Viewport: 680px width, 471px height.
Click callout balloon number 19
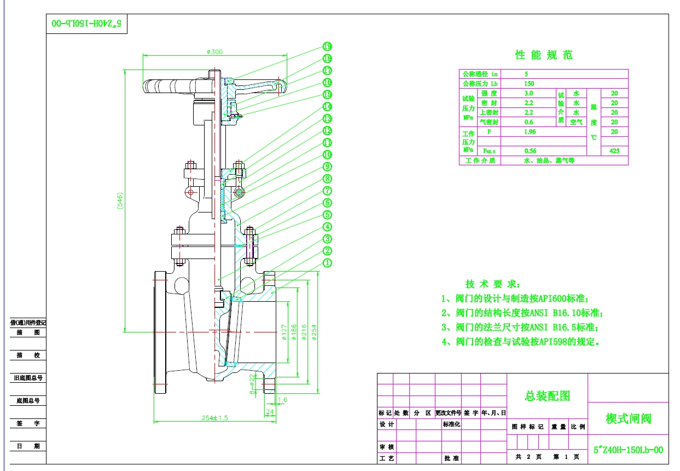click(327, 47)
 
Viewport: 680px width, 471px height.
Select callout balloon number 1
click(327, 263)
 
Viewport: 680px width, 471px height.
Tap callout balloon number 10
click(327, 154)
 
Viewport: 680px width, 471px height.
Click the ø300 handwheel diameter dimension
click(215, 51)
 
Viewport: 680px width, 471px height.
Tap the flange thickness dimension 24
click(270, 411)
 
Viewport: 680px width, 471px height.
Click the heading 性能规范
click(544, 55)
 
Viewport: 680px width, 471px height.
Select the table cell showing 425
click(614, 151)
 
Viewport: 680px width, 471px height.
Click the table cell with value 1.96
click(529, 132)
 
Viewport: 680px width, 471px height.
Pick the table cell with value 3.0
click(529, 94)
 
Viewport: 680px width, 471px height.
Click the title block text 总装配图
click(547, 396)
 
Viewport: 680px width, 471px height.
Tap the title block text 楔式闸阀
click(628, 419)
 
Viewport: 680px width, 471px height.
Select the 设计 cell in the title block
click(386, 424)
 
